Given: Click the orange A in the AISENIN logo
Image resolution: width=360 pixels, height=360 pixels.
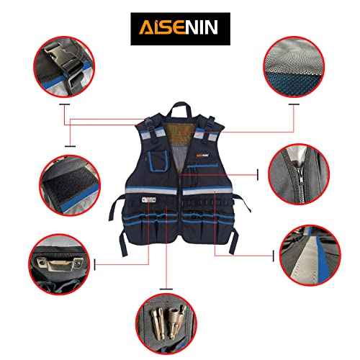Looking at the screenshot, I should point(143,29).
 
